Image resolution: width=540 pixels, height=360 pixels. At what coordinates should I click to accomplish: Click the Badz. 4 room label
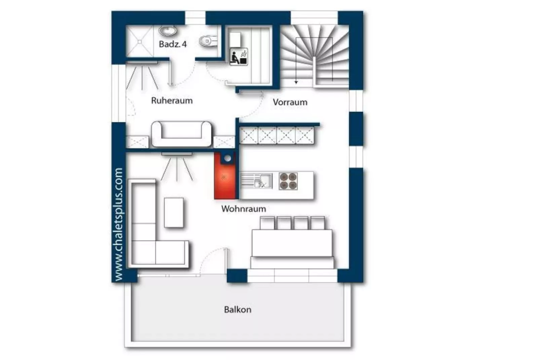click(x=172, y=44)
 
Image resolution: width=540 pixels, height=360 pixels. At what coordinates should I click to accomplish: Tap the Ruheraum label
click(x=172, y=101)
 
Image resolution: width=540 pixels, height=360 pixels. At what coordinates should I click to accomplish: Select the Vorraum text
click(x=290, y=102)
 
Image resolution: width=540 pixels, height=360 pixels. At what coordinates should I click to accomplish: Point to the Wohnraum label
click(x=243, y=209)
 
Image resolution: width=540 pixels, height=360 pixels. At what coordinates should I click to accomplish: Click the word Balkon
click(x=237, y=310)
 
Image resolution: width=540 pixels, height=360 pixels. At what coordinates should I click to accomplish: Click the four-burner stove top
click(x=288, y=181)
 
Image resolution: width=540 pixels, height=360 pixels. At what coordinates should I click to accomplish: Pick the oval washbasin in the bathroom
click(x=167, y=31)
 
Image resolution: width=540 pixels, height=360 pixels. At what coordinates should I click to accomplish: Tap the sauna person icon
click(x=239, y=57)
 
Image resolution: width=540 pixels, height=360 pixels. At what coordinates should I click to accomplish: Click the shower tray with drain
click(x=139, y=41)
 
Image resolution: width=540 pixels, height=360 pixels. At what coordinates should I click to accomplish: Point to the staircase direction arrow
click(x=296, y=81)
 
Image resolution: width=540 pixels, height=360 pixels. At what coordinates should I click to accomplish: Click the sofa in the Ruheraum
click(x=181, y=134)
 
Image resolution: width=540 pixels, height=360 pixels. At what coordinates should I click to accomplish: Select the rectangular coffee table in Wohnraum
click(x=173, y=213)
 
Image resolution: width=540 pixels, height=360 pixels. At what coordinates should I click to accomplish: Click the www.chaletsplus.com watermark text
click(x=118, y=224)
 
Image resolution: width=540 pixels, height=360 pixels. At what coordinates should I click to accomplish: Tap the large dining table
click(x=292, y=243)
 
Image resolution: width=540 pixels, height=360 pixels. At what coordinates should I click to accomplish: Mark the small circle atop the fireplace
click(x=228, y=158)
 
